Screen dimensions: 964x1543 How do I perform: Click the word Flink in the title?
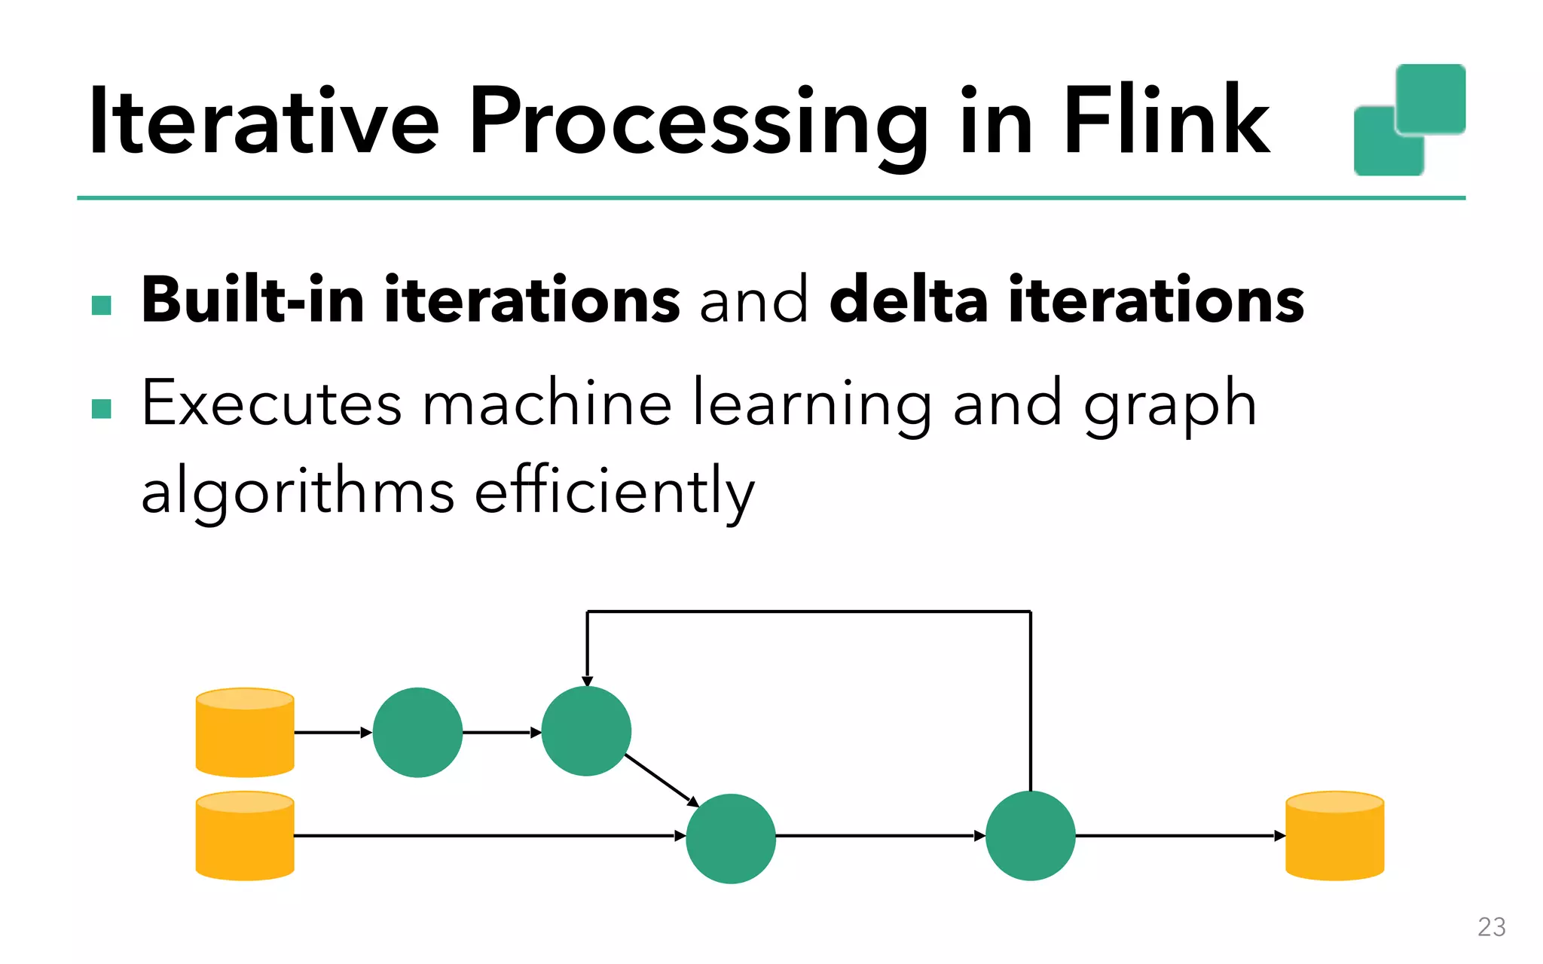tap(1166, 120)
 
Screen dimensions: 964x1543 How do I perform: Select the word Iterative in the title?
tap(263, 120)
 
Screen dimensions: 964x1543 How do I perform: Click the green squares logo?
tap(1409, 120)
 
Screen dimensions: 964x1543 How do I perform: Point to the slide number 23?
tap(1491, 926)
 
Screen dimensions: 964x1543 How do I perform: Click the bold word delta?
tap(908, 300)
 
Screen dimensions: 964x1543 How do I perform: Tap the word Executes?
tap(271, 404)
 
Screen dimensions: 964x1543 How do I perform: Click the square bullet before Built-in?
tap(101, 305)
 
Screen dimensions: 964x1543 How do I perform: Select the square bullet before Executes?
tap(101, 408)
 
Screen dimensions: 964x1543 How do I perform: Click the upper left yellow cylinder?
tap(245, 732)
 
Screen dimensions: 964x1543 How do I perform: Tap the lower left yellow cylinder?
tap(245, 835)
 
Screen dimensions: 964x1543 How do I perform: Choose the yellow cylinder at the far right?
tap(1334, 835)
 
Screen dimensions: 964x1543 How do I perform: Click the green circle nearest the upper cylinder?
tap(417, 732)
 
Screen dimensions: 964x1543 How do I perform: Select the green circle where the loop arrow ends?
tap(586, 731)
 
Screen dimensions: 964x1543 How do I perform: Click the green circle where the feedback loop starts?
tap(1030, 835)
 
